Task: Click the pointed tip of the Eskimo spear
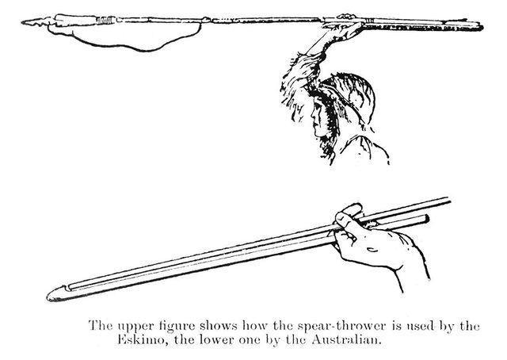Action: point(22,22)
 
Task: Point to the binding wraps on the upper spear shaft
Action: point(106,20)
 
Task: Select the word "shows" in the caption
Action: point(219,325)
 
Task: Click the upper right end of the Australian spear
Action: point(449,200)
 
